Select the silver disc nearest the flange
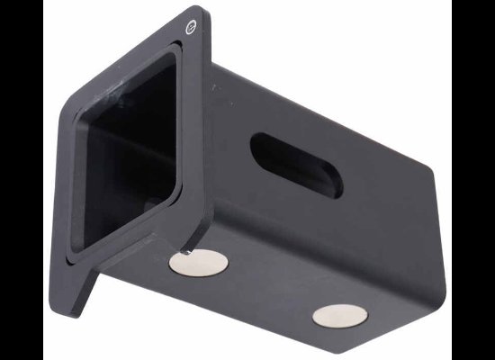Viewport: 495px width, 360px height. point(198,263)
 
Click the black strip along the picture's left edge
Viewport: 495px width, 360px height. point(20,180)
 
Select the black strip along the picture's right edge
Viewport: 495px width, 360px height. point(473,180)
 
